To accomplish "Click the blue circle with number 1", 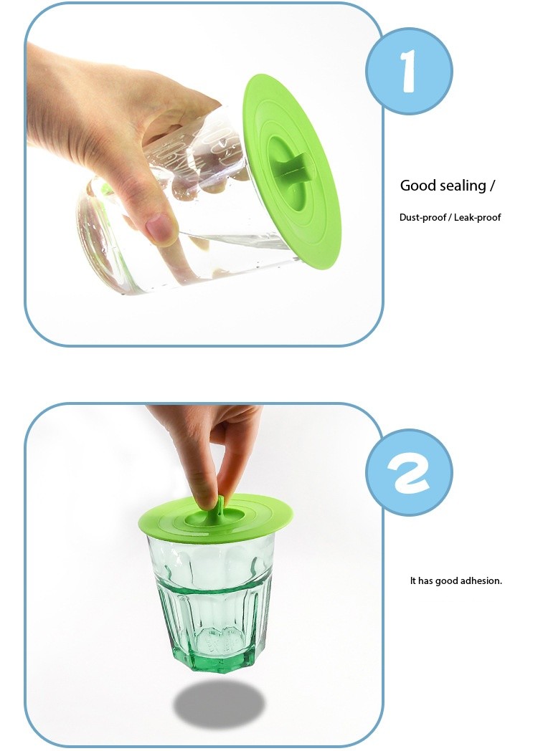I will (x=409, y=71).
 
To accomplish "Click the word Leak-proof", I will (x=477, y=217).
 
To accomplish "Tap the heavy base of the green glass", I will (x=215, y=649).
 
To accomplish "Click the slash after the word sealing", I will (x=492, y=186).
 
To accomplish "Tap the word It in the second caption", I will (x=413, y=580).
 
